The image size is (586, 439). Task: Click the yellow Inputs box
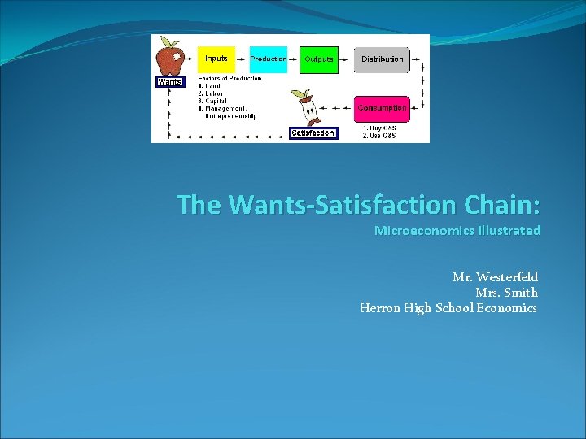(216, 59)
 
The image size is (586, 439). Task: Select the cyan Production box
(268, 59)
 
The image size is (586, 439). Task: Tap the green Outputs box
(319, 59)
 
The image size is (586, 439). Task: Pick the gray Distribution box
(382, 59)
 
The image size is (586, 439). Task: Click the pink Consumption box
(382, 108)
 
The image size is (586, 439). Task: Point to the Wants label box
(169, 82)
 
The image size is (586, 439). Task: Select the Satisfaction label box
(313, 133)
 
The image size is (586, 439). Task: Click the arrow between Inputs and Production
(243, 59)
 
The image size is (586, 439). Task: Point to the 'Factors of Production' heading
(230, 79)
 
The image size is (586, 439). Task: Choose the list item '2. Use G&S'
(380, 135)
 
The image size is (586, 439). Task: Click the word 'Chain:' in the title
(503, 204)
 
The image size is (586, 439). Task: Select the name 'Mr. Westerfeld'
(495, 277)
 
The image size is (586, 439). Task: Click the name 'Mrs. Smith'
(506, 293)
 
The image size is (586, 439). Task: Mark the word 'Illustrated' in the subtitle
(509, 231)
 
